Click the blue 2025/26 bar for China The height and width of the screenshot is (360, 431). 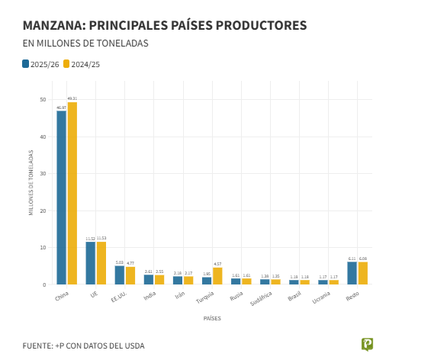pos(61,198)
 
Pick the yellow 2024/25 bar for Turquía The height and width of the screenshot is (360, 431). pos(217,276)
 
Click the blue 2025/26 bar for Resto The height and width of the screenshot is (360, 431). pos(352,273)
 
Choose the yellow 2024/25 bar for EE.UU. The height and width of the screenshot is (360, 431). pos(130,275)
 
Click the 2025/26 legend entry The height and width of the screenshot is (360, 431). pos(40,64)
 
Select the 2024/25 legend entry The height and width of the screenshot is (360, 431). pos(82,64)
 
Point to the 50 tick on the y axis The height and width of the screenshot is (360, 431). pos(43,100)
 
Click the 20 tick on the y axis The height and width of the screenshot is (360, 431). pos(43,211)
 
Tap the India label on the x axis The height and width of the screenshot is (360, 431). pos(150,295)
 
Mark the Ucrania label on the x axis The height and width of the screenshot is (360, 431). pos(322,297)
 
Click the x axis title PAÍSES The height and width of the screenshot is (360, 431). pos(212,318)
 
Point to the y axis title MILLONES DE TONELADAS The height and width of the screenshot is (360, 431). pos(31,183)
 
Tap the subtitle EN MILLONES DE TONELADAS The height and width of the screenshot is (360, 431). pos(85,43)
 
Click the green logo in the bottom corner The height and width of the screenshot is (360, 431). pos(367,344)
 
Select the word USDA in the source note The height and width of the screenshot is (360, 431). pos(133,346)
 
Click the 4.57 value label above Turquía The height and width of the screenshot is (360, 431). pos(217,264)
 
